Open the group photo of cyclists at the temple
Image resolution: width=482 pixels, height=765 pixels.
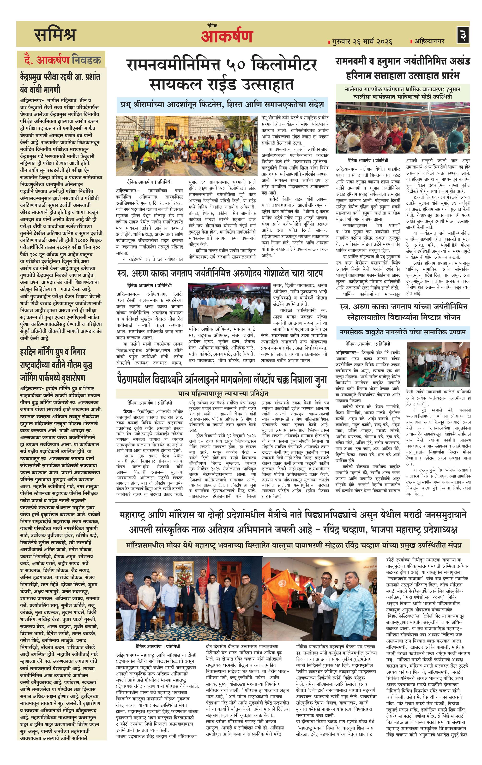(186, 146)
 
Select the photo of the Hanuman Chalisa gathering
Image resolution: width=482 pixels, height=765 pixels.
(403, 128)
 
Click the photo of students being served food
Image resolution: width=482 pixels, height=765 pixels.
(438, 364)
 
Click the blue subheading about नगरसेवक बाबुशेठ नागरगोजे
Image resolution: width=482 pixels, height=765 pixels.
(403, 332)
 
